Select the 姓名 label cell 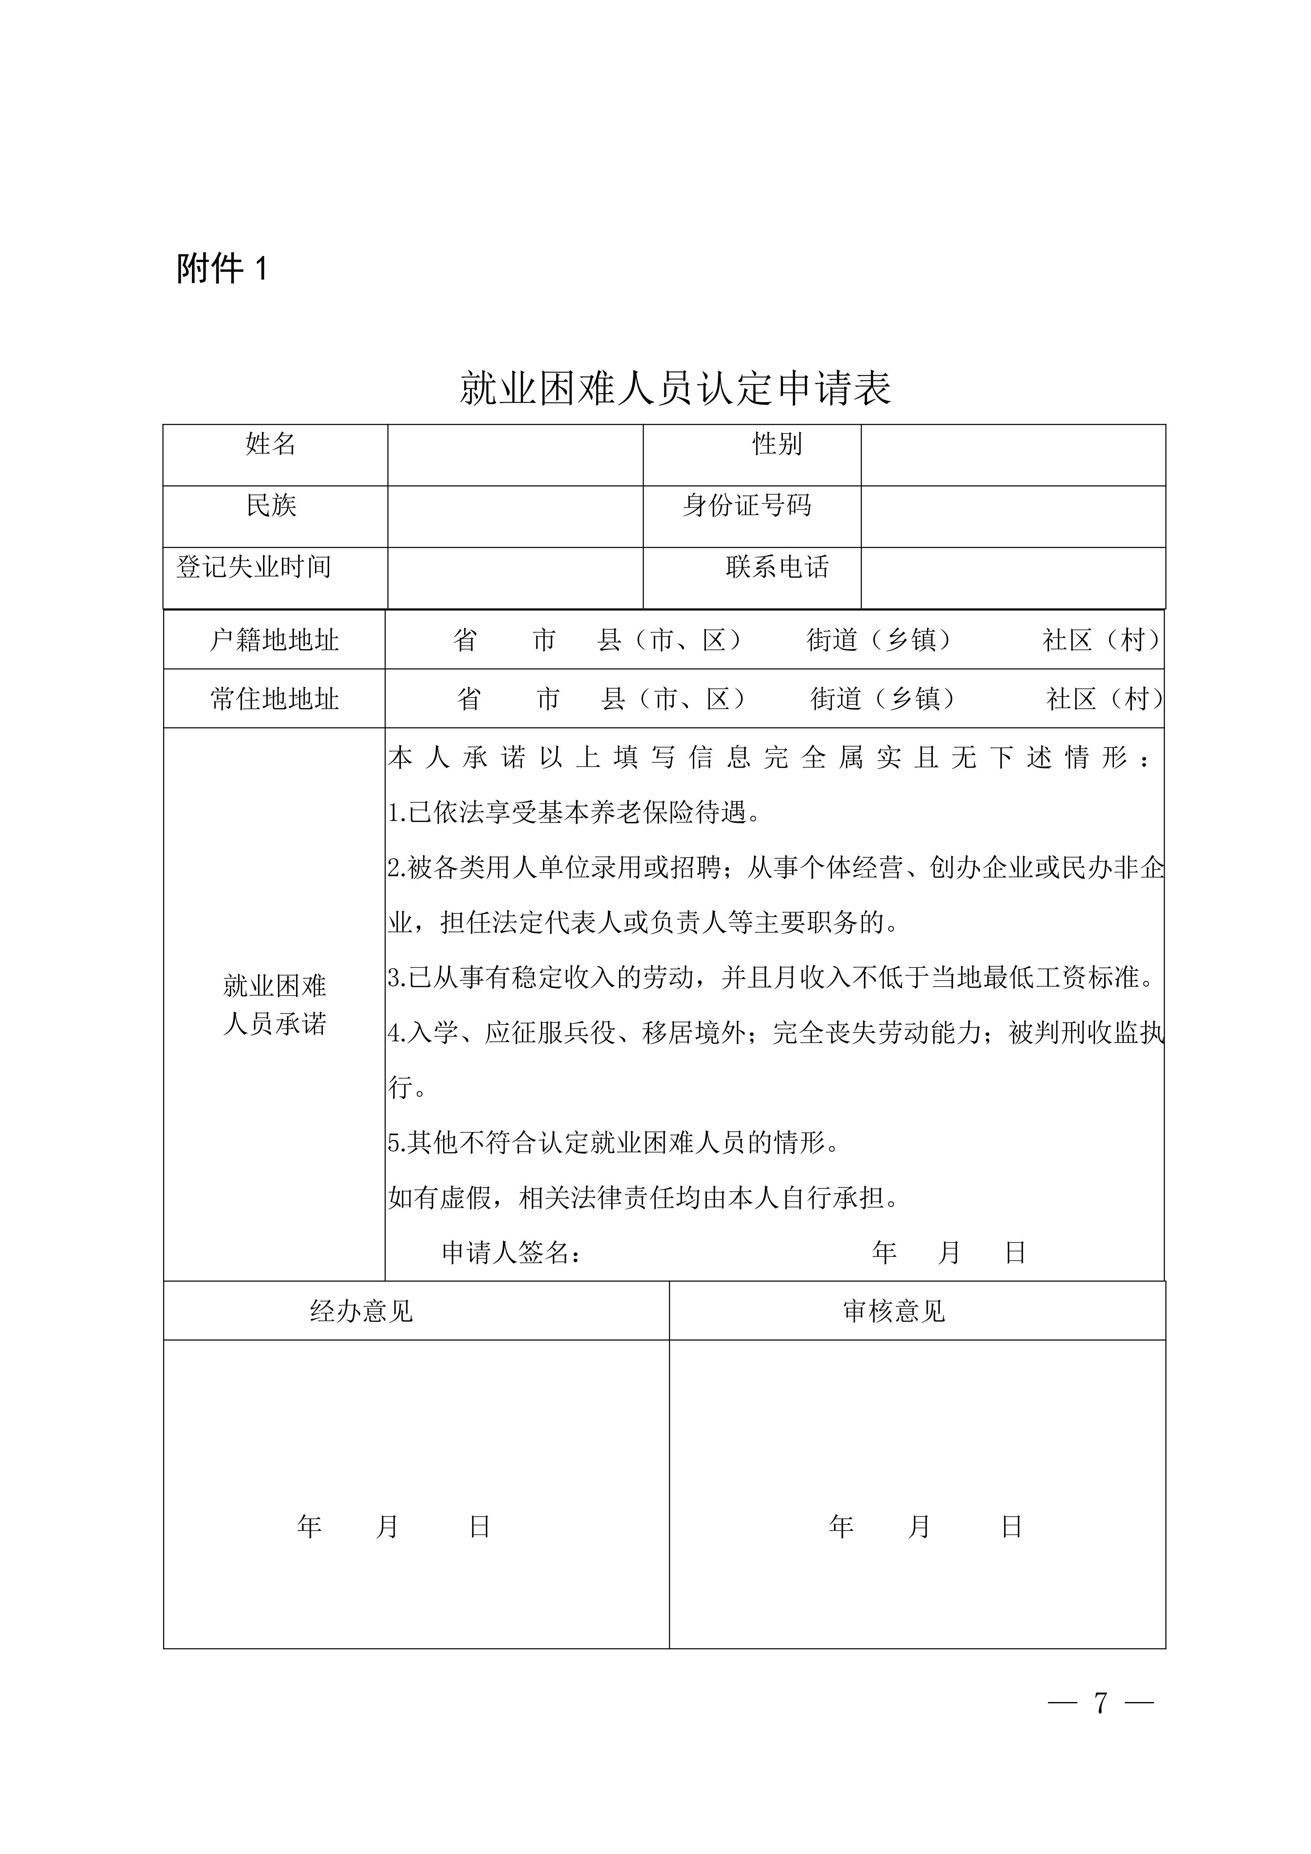pos(271,444)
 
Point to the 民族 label pos(271,505)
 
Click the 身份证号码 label pos(747,505)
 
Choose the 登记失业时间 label pos(254,567)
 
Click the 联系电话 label pos(777,567)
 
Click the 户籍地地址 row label pos(275,640)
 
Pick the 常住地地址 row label pos(275,699)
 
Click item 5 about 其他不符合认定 pos(614,1143)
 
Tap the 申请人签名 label pos(511,1252)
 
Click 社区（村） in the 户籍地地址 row pos(1102,640)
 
